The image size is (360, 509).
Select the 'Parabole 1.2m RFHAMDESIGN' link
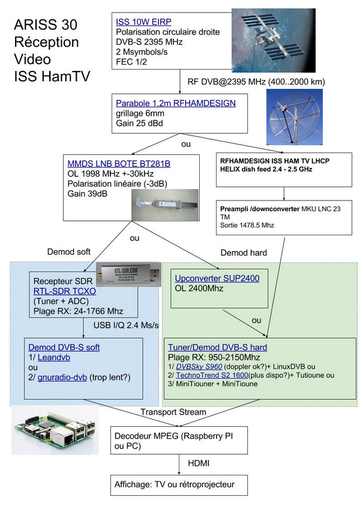[x=176, y=103]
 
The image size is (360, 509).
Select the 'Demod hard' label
[x=244, y=252]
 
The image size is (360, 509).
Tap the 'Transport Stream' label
[x=173, y=412]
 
